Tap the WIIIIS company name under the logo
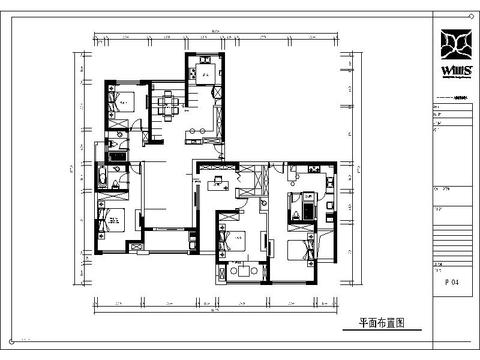[457, 71]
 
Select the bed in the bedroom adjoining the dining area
[122, 102]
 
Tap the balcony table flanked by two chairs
[240, 272]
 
